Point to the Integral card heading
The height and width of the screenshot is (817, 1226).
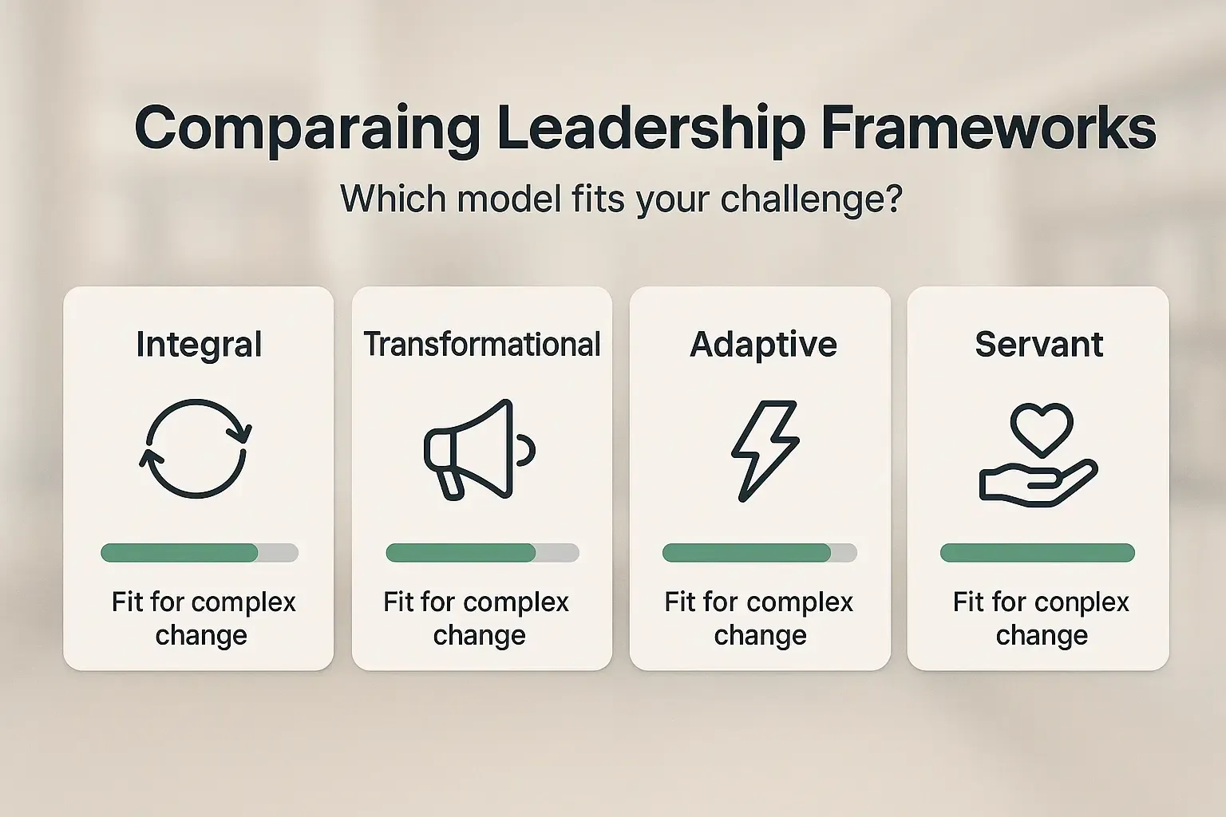[199, 345]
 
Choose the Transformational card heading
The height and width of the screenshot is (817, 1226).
[482, 345]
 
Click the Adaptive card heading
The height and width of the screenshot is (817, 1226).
[763, 345]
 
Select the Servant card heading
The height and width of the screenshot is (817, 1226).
[1038, 345]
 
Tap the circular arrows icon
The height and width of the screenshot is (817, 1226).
[196, 449]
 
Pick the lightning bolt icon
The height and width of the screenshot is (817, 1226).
[765, 451]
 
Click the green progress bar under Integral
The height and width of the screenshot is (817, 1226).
[180, 553]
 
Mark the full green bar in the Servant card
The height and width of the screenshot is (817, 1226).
[1037, 553]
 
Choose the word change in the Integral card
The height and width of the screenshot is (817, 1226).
[201, 636]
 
